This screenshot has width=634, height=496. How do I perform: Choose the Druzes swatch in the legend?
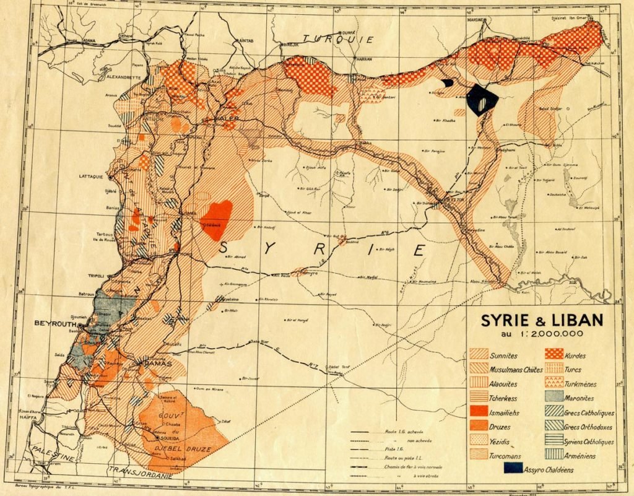point(480,426)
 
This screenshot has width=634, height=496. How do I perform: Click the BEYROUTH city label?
point(54,324)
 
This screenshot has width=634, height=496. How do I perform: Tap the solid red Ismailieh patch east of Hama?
point(217,219)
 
